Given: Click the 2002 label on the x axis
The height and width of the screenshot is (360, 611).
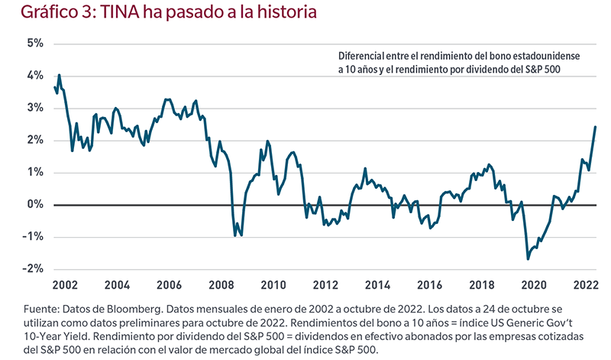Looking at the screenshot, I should click(x=64, y=286).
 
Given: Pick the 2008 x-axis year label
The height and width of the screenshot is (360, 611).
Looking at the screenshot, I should click(x=221, y=286).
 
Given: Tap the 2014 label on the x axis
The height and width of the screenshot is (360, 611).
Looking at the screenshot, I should click(x=378, y=286).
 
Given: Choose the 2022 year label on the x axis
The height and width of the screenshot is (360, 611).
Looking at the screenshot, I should click(x=584, y=286).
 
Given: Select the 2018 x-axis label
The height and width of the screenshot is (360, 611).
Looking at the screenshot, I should click(x=483, y=286).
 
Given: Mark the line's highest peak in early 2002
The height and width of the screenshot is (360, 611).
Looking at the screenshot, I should click(x=60, y=75).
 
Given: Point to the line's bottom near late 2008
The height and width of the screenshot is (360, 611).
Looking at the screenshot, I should click(x=234, y=235).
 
